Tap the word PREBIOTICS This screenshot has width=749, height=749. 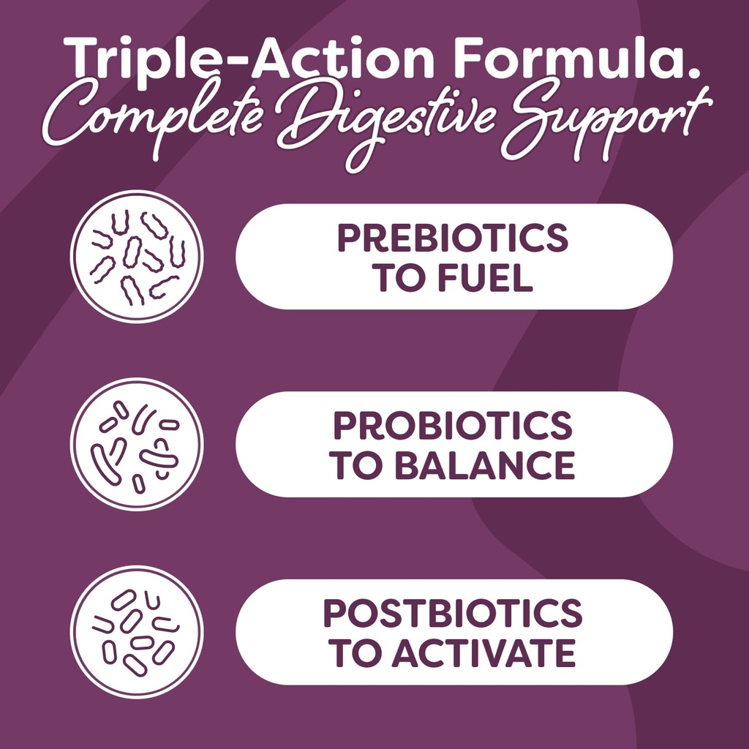pos(453,238)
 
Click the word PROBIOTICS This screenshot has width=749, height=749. pos(453,426)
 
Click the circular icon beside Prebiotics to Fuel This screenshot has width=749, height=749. pos(137,257)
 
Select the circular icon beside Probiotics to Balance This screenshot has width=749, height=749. pos(137,445)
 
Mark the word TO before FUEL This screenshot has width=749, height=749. pos(397,278)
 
